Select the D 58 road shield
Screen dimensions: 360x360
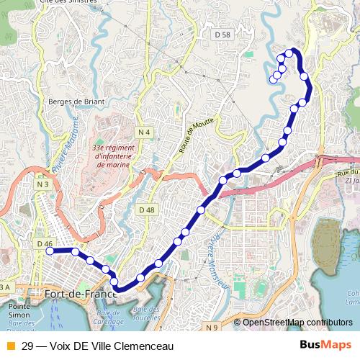click(222, 35)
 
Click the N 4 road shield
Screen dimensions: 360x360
click(145, 132)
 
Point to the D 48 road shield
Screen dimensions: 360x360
click(145, 210)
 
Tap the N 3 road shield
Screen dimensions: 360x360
click(43, 185)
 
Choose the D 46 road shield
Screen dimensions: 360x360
click(44, 244)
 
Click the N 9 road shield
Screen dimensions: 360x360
click(211, 328)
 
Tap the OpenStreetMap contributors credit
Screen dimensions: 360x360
click(297, 322)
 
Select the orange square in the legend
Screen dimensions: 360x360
click(10, 346)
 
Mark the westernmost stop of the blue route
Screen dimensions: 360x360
click(50, 251)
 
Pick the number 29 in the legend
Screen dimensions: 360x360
click(27, 346)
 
